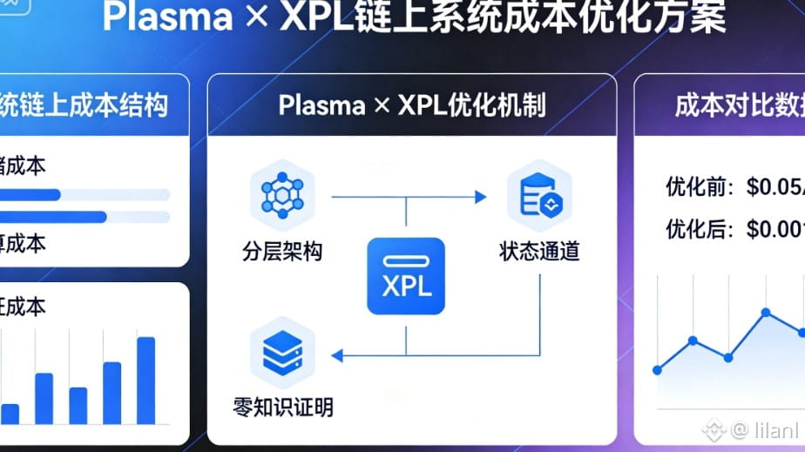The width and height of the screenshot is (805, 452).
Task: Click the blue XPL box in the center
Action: pos(405,276)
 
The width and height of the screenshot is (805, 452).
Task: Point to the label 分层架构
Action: pos(282,253)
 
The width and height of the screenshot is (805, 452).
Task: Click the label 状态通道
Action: pos(539,253)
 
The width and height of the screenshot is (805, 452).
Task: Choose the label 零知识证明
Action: pos(283,407)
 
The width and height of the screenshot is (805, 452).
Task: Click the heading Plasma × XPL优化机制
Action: pos(411,105)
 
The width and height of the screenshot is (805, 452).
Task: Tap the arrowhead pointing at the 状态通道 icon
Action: pos(480,198)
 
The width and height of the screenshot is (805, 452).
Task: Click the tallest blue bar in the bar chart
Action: pos(145,380)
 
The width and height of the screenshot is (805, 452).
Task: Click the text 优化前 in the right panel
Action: pos(688,186)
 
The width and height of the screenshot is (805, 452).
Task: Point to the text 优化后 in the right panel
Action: pos(688,230)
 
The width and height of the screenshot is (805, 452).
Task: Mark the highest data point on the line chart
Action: pos(766,312)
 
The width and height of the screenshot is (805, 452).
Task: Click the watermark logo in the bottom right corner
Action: pos(715,428)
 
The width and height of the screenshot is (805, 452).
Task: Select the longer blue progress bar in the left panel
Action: pos(53,216)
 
